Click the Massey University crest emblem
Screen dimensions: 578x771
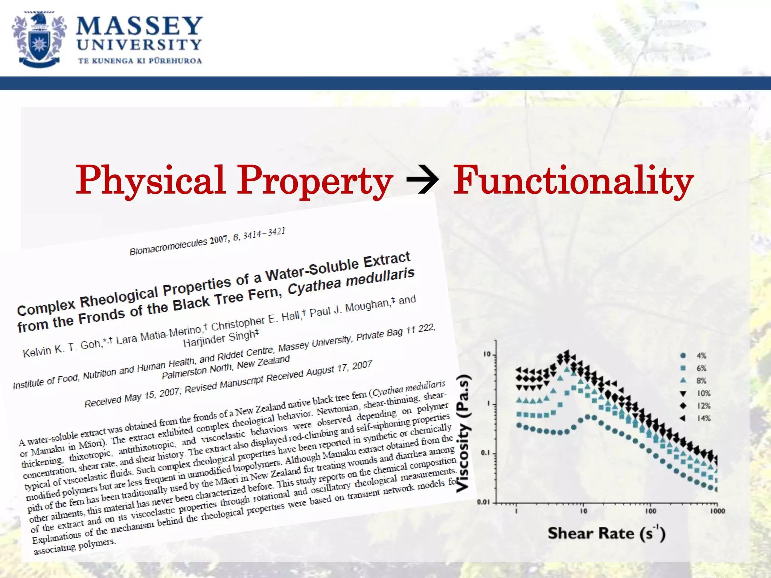(x=39, y=40)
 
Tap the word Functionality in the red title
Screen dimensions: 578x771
(x=573, y=181)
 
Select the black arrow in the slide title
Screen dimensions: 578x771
(x=422, y=181)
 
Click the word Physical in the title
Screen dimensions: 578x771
(x=151, y=181)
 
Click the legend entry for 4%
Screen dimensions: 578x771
(x=701, y=356)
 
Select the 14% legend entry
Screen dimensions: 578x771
(x=703, y=418)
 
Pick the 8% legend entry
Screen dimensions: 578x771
(x=701, y=381)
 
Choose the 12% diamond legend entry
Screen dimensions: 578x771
(x=703, y=406)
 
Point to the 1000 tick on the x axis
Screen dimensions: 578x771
(x=717, y=511)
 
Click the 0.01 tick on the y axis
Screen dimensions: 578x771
(x=483, y=502)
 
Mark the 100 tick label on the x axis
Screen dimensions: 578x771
(x=651, y=511)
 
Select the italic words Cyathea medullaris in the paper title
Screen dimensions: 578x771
(x=351, y=281)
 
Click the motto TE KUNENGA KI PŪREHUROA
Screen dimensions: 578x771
(x=140, y=61)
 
